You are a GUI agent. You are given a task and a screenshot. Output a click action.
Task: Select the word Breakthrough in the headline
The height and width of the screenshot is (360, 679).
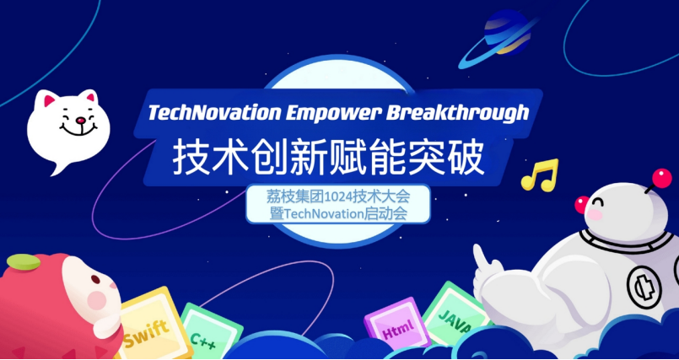tap(457, 113)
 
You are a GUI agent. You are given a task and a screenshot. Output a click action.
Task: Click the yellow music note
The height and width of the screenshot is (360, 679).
tap(540, 175)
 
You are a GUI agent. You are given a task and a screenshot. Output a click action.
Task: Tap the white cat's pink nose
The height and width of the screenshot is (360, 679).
tap(79, 120)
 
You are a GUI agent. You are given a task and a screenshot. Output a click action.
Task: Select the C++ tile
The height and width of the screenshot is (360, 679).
tap(211, 332)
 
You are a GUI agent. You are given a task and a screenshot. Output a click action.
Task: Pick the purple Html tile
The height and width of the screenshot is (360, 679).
tap(392, 323)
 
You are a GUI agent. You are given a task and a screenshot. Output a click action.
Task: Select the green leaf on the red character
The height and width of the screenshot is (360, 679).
tap(24, 261)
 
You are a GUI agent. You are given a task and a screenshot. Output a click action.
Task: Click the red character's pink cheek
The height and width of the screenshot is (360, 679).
tap(96, 300)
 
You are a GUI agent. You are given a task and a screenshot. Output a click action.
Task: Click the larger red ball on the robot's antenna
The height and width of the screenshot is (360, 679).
tap(661, 178)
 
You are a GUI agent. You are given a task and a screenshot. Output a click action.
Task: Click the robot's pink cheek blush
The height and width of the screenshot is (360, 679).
tap(595, 215)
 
